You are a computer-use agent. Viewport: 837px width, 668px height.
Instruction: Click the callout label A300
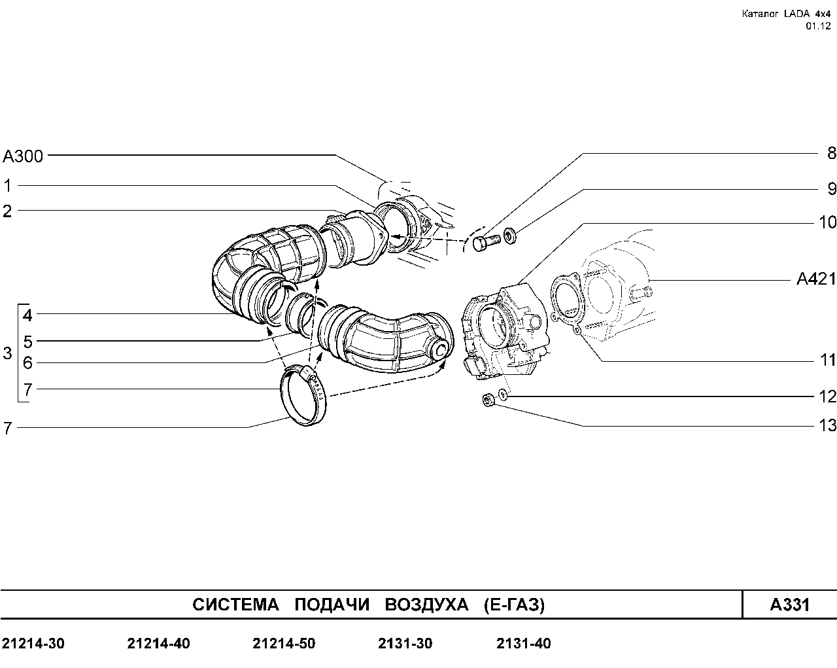(x=22, y=156)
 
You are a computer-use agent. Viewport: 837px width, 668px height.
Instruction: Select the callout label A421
(x=816, y=279)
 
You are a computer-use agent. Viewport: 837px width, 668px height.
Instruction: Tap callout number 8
(x=832, y=153)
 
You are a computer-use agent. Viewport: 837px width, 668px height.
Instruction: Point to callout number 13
(x=828, y=425)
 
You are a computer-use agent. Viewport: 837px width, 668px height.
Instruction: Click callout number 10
(x=828, y=222)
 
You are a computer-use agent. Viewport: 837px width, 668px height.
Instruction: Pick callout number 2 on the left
(x=7, y=211)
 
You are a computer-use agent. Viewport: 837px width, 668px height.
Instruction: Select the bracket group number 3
(x=7, y=353)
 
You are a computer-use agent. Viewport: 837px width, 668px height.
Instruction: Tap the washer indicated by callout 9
(x=510, y=236)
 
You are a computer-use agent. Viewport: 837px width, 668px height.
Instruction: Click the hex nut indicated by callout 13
(x=488, y=400)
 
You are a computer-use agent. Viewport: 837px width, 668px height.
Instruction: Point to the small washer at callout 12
(x=503, y=395)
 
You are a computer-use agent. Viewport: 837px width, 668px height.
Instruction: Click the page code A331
(x=789, y=605)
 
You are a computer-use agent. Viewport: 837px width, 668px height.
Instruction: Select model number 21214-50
(x=284, y=644)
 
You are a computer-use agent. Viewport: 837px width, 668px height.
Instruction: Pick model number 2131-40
(x=524, y=644)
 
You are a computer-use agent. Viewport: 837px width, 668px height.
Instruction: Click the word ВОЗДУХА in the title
(x=426, y=605)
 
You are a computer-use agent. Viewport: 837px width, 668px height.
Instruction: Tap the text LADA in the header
(x=796, y=14)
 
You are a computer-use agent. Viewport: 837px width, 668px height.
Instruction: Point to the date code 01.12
(x=818, y=26)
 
